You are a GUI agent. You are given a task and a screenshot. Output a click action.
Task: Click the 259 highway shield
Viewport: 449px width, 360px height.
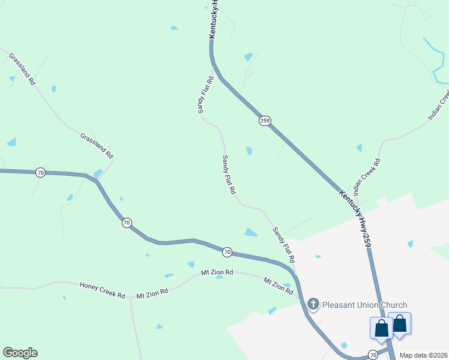(x=265, y=121)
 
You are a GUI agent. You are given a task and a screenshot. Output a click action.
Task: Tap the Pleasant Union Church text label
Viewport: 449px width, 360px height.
(x=364, y=305)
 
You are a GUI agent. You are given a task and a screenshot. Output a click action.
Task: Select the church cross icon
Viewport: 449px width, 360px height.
(x=313, y=305)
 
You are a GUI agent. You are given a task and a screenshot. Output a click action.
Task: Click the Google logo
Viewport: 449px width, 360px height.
(x=20, y=352)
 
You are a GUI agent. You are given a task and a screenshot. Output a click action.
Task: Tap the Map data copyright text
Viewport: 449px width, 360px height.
(x=424, y=355)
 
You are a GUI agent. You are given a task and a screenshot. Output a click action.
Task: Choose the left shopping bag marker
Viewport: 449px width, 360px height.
(x=381, y=328)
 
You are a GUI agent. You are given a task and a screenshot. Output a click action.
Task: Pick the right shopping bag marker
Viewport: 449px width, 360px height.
(x=400, y=324)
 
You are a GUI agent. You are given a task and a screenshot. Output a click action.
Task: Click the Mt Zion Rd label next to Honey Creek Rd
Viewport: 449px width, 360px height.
(x=152, y=293)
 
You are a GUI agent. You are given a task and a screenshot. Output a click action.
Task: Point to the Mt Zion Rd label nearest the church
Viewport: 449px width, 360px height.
(x=278, y=286)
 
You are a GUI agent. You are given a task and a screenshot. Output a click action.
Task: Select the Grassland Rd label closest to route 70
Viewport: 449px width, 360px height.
(x=97, y=146)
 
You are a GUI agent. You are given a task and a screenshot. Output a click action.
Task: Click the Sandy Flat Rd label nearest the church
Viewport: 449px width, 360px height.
(x=283, y=245)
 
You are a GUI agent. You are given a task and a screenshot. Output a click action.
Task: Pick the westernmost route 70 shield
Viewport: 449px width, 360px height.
(x=40, y=173)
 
